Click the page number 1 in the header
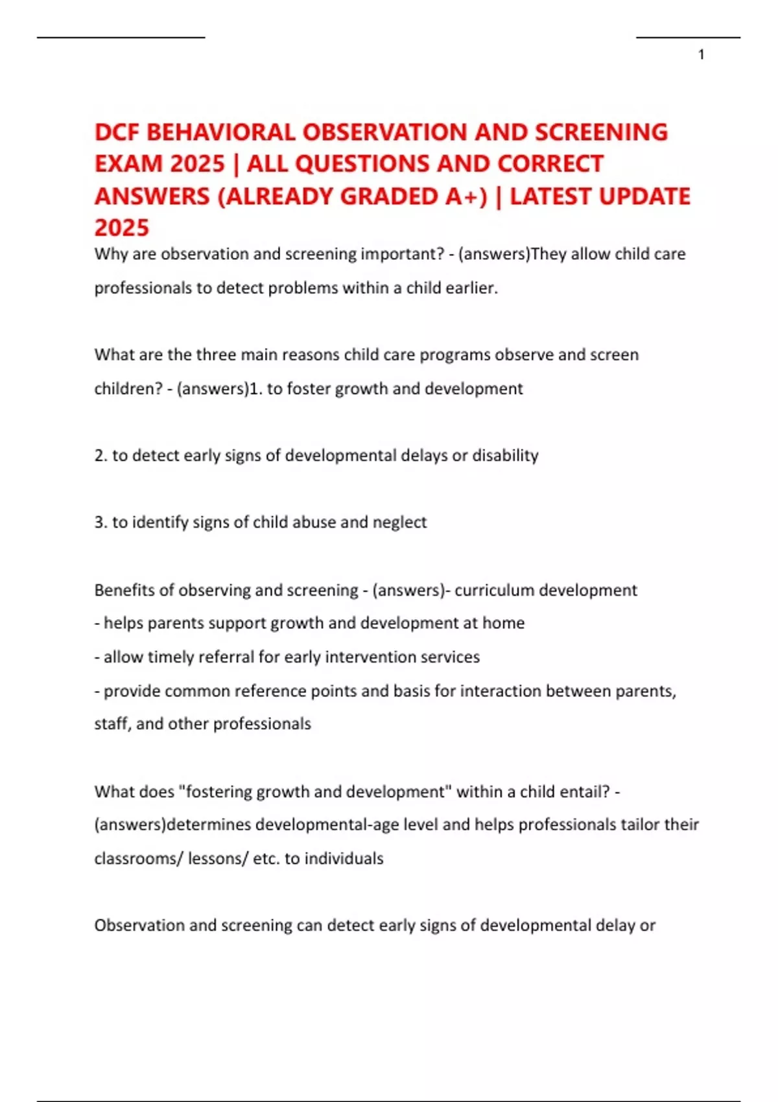click(x=701, y=55)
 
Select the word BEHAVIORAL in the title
click(x=221, y=132)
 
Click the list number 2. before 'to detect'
click(x=100, y=456)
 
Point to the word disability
click(x=505, y=456)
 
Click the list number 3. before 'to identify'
click(x=100, y=522)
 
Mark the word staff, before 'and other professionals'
click(x=112, y=724)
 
